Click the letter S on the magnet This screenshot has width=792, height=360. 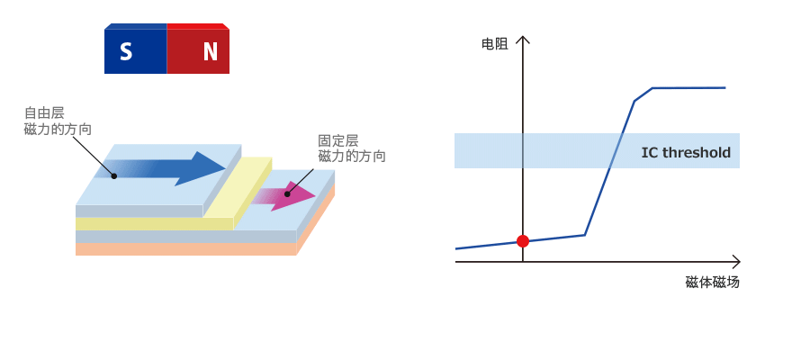126,52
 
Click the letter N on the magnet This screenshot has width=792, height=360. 210,52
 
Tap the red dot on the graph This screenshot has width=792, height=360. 523,240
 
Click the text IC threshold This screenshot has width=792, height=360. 685,152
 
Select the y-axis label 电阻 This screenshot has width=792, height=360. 494,43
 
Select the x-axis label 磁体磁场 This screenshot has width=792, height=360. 712,282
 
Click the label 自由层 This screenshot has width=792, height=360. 44,113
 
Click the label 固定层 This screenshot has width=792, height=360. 338,140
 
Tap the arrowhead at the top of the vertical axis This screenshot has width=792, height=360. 523,40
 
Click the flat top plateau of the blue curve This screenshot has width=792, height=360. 688,88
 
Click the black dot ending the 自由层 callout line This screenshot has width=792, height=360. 114,175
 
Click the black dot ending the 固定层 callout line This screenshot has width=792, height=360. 287,193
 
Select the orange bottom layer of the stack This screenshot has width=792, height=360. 180,249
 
